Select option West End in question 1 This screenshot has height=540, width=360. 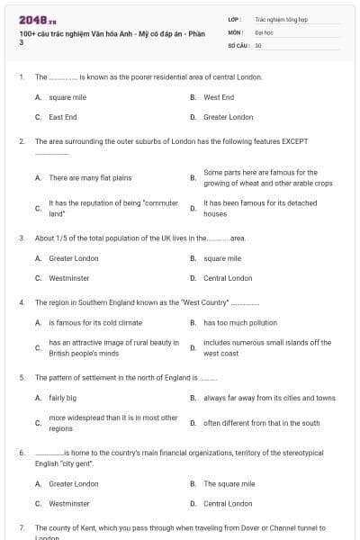point(219,97)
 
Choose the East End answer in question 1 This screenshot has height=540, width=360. point(62,117)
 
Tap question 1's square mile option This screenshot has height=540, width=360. point(67,97)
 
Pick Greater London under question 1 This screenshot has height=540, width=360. point(228,117)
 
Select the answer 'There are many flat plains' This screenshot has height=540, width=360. point(90,178)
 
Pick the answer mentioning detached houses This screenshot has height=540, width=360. point(260,209)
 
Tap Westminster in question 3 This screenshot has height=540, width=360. point(68,278)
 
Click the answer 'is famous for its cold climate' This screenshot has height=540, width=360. point(94,322)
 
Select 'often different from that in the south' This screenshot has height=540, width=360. point(261,423)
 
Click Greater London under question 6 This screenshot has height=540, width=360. point(74,483)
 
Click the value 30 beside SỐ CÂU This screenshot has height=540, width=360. point(258,44)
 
